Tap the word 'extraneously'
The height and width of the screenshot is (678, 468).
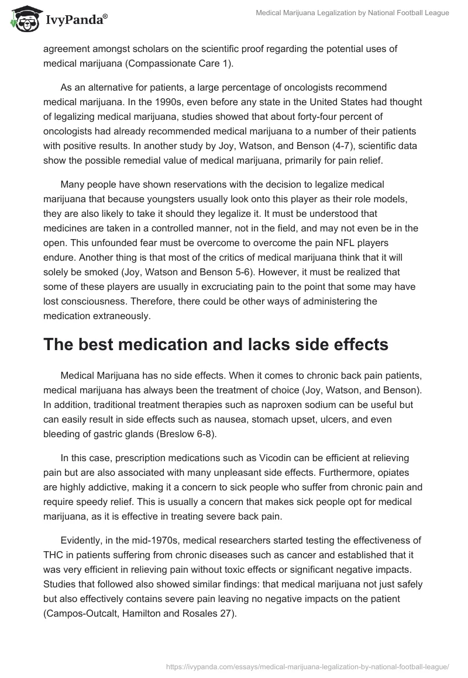coord(123,316)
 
